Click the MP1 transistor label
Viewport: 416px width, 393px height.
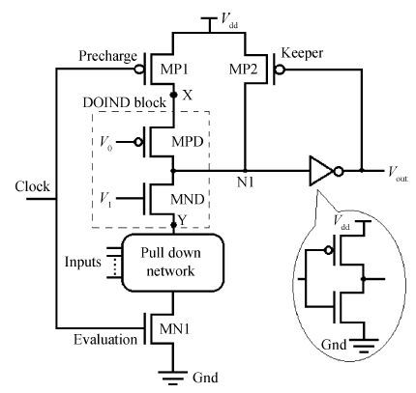tap(174, 70)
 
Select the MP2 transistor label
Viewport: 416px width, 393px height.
tap(243, 70)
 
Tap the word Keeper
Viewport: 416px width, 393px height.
tap(302, 53)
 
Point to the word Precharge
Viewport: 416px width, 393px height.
tap(107, 56)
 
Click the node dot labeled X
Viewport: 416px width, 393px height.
tap(174, 95)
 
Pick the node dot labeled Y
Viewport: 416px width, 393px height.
tap(174, 224)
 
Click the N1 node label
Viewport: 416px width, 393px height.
tap(246, 182)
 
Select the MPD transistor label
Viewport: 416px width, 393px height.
tap(187, 142)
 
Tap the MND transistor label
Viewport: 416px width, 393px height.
tap(188, 200)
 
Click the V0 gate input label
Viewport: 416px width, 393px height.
tap(106, 143)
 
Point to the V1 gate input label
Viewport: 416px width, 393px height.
tap(105, 200)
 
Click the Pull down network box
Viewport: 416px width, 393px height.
tap(172, 263)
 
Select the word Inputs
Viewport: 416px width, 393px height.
tap(83, 262)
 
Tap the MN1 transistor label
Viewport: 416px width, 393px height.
tap(175, 329)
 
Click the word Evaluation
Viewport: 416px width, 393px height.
tap(105, 340)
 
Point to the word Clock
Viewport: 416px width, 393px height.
tap(32, 186)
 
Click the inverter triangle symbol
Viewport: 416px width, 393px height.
tap(321, 171)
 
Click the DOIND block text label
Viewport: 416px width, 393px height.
tap(125, 102)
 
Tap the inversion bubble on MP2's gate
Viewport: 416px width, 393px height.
tap(280, 70)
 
